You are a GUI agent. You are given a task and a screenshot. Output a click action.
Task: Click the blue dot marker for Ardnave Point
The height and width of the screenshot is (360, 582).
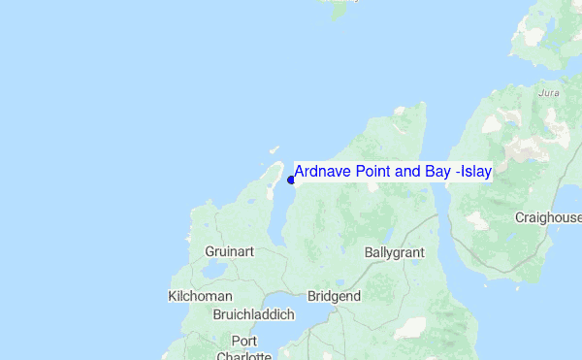tap(291, 179)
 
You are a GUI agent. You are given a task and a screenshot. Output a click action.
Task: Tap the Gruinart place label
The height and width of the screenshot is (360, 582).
tap(229, 251)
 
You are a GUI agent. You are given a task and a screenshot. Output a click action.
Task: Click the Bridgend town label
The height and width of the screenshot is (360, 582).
tap(334, 296)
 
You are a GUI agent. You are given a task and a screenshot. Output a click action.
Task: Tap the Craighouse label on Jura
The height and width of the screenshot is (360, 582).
tap(549, 217)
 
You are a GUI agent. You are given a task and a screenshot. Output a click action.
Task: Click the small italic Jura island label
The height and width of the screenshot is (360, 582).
tap(548, 94)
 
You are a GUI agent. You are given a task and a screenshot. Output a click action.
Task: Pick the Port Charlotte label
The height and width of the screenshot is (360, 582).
tap(243, 348)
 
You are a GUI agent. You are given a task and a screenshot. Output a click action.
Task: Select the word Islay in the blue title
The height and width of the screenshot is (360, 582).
tap(473, 172)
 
